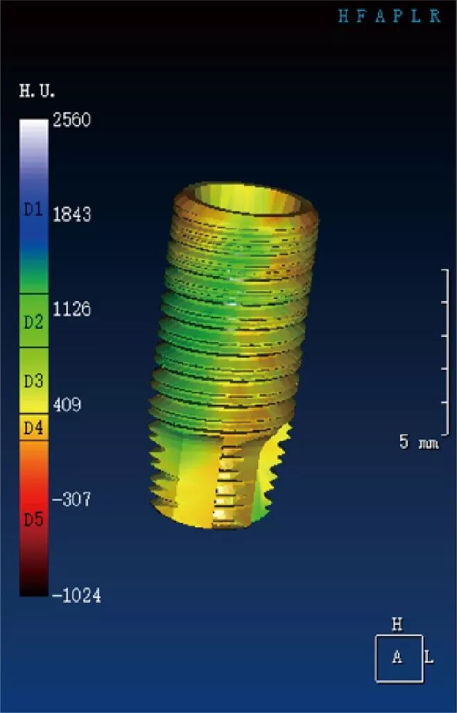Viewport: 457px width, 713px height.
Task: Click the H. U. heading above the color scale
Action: click(37, 91)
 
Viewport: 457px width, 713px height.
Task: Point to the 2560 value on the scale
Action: click(72, 119)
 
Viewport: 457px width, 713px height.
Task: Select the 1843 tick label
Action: click(72, 214)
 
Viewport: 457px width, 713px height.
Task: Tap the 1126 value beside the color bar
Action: click(72, 309)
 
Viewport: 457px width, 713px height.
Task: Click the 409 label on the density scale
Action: click(67, 404)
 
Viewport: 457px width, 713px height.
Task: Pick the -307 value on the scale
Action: click(71, 499)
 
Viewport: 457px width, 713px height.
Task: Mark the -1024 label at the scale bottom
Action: click(76, 595)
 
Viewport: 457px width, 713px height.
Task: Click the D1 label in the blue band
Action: click(33, 209)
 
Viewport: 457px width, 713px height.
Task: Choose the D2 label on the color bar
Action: click(33, 323)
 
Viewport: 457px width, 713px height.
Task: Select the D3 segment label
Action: click(33, 381)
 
